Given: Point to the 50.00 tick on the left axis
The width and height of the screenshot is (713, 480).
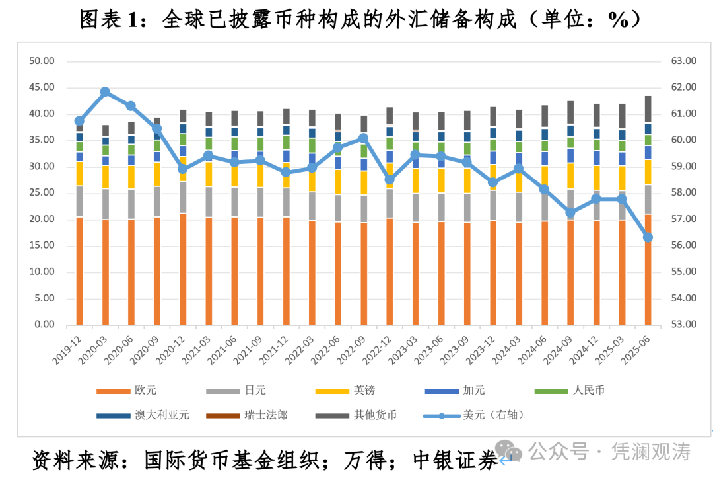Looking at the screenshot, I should [x=41, y=61].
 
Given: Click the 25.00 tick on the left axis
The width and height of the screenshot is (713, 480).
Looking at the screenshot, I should [x=41, y=193].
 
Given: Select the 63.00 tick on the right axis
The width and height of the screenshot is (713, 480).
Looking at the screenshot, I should [x=683, y=61].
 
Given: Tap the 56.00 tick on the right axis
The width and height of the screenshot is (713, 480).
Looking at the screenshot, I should [x=683, y=245].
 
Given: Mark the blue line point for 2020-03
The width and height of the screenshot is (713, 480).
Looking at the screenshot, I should [x=105, y=92].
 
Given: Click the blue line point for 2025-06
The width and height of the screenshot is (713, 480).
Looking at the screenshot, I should [x=648, y=237].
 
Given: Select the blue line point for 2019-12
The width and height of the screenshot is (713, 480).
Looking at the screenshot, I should [x=79, y=121].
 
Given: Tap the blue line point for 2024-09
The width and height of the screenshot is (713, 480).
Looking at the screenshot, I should [x=570, y=213].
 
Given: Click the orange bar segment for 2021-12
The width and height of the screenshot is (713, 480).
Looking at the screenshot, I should [x=286, y=271].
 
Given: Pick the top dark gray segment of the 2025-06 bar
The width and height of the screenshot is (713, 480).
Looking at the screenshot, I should [x=648, y=109].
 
